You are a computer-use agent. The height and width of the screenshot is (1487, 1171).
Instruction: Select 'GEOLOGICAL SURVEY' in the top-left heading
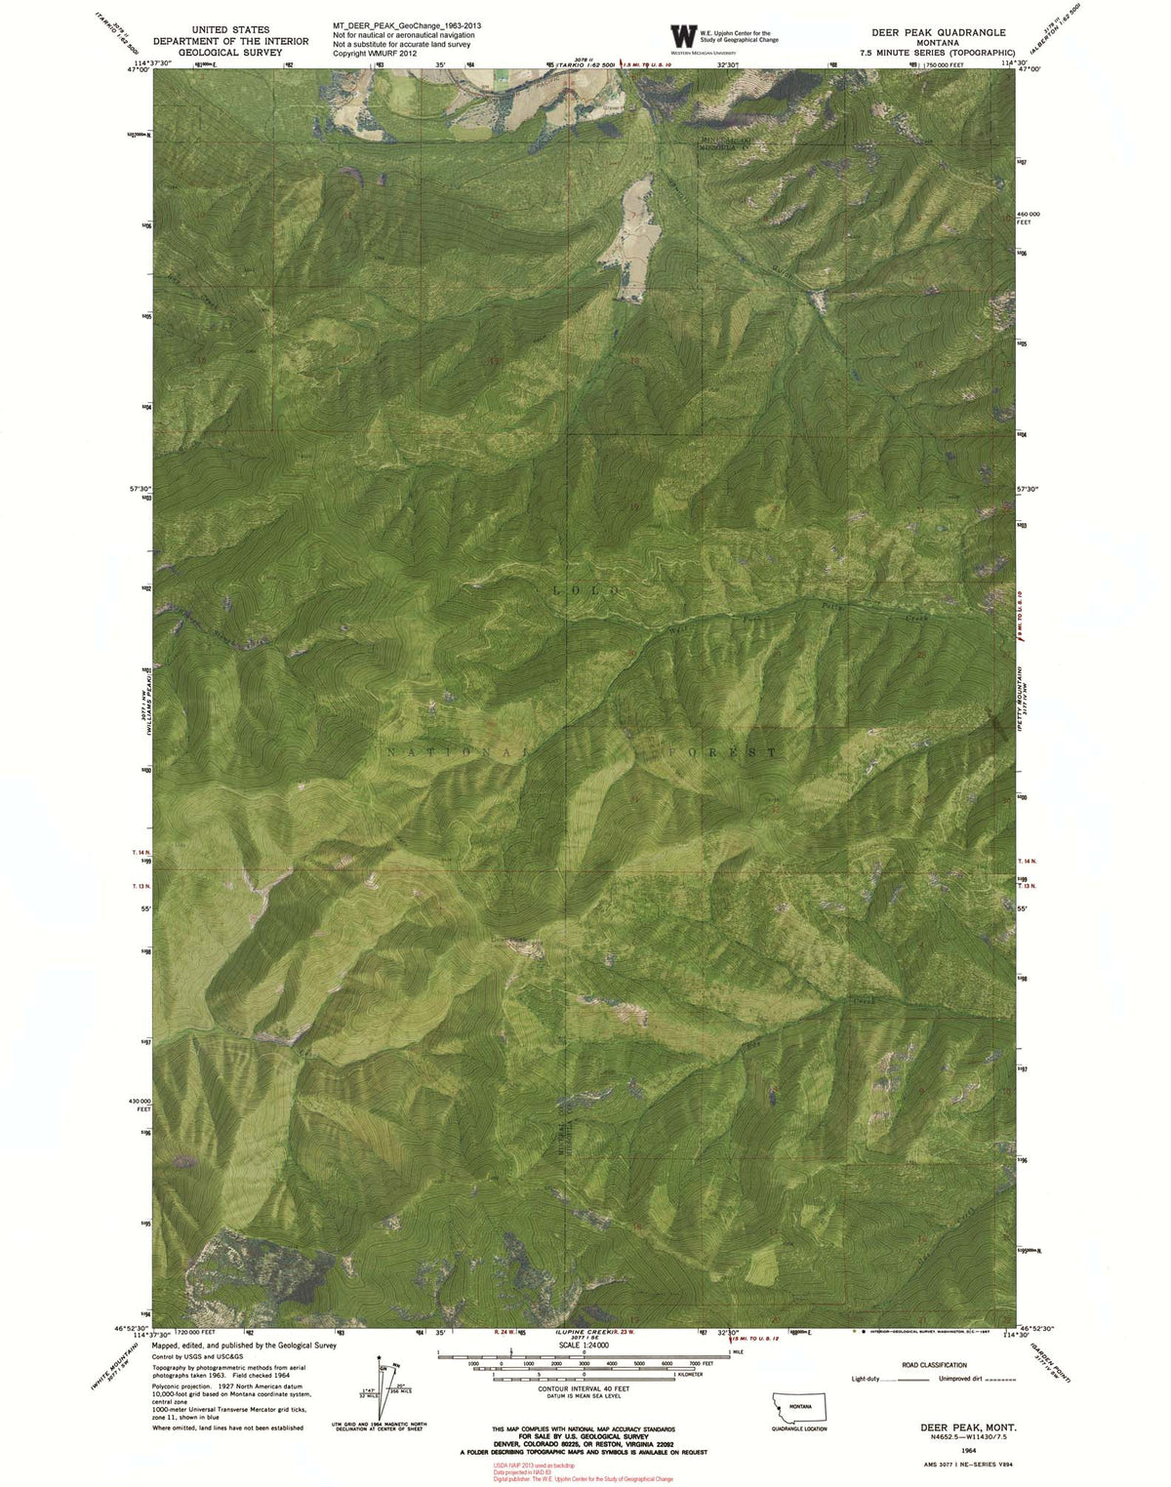click(x=229, y=52)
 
